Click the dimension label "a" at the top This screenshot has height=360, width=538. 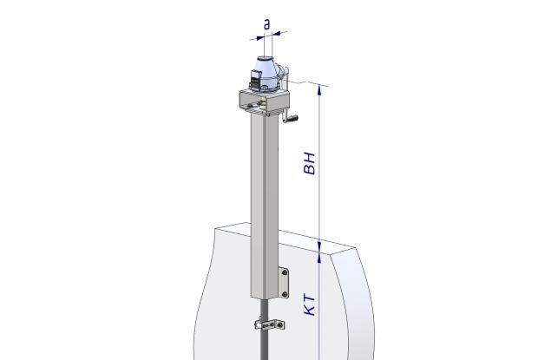[267, 24]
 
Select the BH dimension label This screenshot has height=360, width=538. [310, 163]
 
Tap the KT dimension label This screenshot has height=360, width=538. [310, 304]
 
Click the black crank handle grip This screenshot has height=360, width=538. [292, 119]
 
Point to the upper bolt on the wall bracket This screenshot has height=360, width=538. [285, 272]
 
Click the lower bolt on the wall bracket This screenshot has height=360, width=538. [285, 294]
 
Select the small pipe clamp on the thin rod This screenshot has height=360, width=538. [270, 324]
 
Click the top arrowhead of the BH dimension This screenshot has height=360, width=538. [319, 89]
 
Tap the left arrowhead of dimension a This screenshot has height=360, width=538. [259, 37]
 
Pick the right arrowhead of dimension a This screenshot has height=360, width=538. [276, 34]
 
